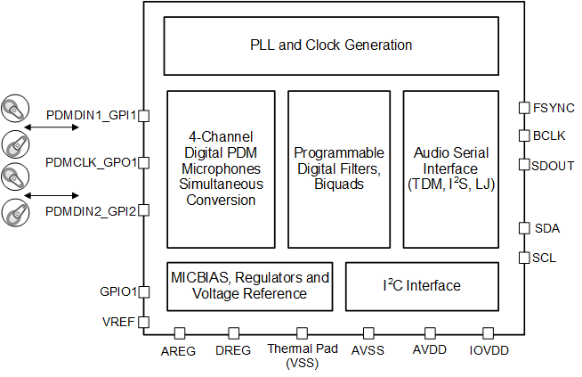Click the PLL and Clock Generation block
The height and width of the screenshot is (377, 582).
tap(330, 45)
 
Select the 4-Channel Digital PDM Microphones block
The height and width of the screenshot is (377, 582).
tap(221, 168)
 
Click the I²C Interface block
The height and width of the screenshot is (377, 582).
tap(422, 285)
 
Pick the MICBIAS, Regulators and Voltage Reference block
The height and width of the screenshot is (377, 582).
tap(250, 285)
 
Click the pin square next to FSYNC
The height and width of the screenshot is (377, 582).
tap(524, 108)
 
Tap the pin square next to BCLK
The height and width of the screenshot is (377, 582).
tap(524, 135)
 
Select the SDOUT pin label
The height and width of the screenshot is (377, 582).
tap(553, 165)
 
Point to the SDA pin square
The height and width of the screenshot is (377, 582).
tap(524, 228)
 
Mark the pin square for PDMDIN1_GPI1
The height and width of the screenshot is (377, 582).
tap(143, 115)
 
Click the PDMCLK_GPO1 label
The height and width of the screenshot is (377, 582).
tap(91, 162)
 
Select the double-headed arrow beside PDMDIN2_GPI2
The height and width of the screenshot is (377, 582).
tap(53, 194)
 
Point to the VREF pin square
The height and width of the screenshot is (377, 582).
tap(143, 322)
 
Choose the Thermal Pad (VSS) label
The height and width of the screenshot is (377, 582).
tap(303, 356)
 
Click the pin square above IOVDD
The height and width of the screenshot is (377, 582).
tap(488, 332)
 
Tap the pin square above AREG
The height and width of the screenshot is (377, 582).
tap(179, 332)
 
